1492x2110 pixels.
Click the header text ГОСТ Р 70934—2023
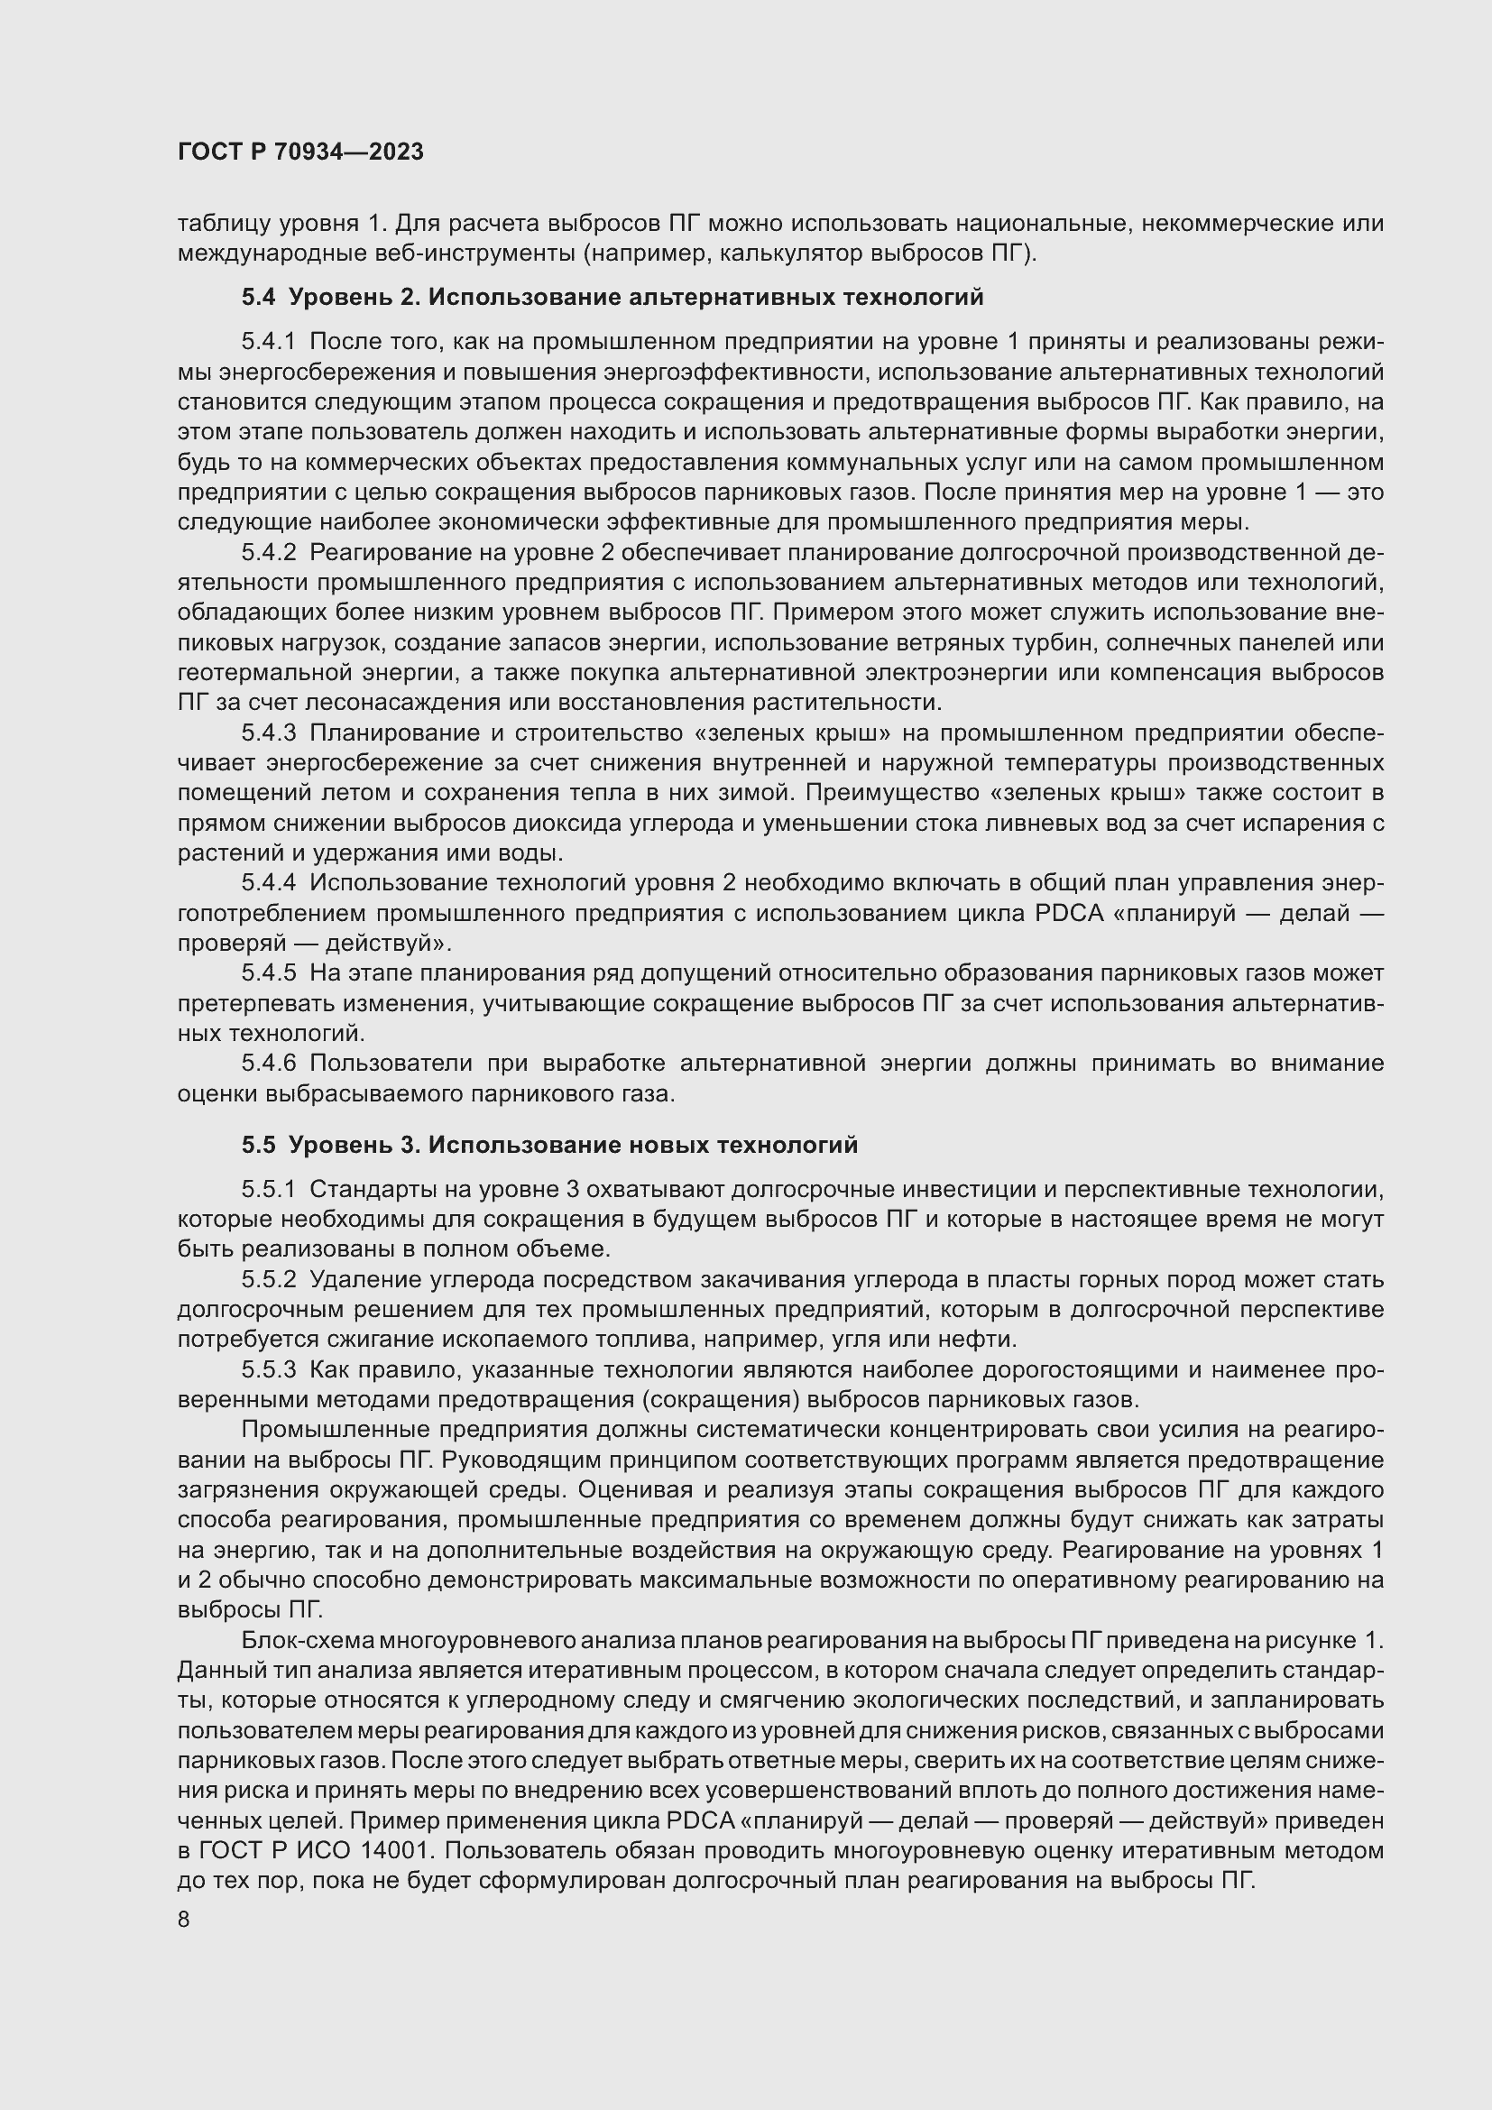pos(300,152)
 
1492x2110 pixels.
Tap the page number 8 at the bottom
pos(184,1920)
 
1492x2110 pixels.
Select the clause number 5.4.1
pos(268,342)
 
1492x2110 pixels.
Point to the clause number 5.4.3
pos(268,733)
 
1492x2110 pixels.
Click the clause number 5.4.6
pos(268,1064)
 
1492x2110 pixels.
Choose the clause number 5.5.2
pos(268,1279)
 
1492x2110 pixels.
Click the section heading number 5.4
pos(258,297)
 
